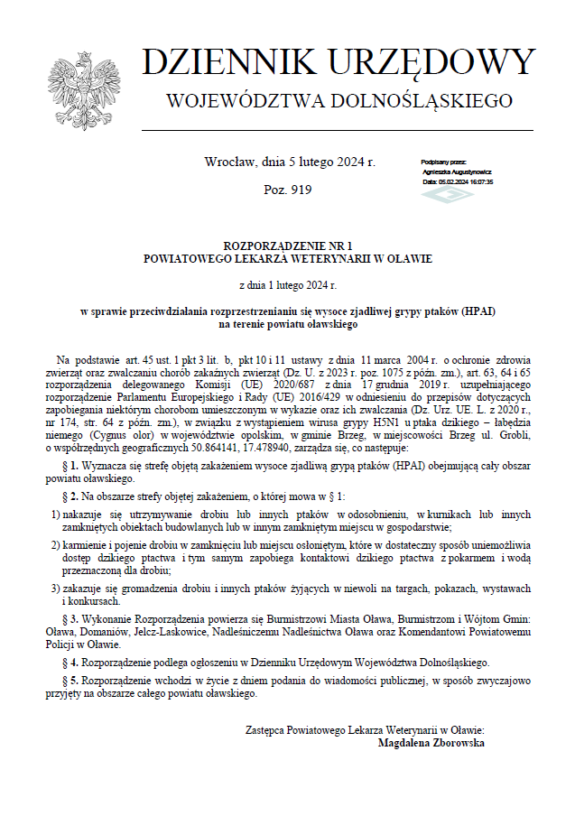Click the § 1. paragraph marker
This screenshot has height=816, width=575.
tap(75, 465)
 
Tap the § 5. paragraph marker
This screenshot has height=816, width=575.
tap(75, 682)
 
